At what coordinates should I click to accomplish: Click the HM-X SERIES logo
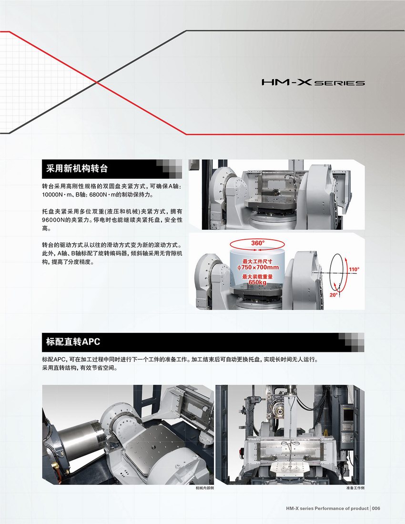tap(313, 82)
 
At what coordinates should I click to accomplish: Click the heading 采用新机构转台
tap(77, 168)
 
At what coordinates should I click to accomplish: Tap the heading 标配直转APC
tap(73, 342)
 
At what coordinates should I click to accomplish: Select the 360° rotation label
tap(258, 243)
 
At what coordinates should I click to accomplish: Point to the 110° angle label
tap(354, 269)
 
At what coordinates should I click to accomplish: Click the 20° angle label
tap(334, 295)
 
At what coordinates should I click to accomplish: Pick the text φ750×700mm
tap(258, 267)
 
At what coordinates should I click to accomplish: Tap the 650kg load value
tap(257, 282)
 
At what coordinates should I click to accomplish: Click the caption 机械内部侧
tap(205, 488)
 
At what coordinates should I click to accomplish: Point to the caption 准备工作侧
tap(355, 488)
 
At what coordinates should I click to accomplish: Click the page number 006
tap(376, 508)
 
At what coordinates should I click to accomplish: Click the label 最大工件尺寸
tap(257, 261)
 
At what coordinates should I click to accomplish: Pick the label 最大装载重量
tap(257, 277)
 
